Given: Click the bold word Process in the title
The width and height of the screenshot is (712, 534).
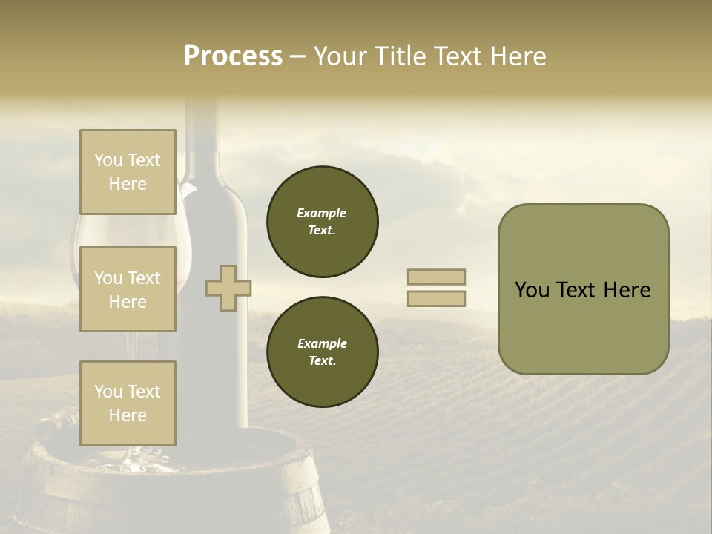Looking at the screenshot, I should [233, 56].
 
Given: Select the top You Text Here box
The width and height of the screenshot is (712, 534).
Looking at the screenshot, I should [128, 172].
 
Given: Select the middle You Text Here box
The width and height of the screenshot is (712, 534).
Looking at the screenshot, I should [128, 289].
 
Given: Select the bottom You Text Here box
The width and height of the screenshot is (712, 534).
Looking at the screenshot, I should [128, 403].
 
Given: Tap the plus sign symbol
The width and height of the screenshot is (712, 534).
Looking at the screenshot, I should [228, 288].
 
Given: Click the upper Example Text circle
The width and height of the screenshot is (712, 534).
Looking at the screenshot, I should [323, 222].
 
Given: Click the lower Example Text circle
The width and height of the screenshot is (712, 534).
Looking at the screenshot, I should [323, 352].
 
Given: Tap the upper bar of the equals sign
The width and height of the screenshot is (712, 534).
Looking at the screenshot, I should [437, 277].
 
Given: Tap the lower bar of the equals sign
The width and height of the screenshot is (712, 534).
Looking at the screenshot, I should [437, 298].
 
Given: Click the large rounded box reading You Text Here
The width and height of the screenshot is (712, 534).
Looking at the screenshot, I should [583, 289].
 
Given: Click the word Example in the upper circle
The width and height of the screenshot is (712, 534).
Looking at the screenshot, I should [321, 213].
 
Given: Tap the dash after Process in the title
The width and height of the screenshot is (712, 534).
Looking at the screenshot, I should [297, 56].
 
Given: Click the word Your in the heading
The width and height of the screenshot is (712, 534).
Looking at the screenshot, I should [341, 56].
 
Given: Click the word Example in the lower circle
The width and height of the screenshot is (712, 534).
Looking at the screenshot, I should [322, 343].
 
